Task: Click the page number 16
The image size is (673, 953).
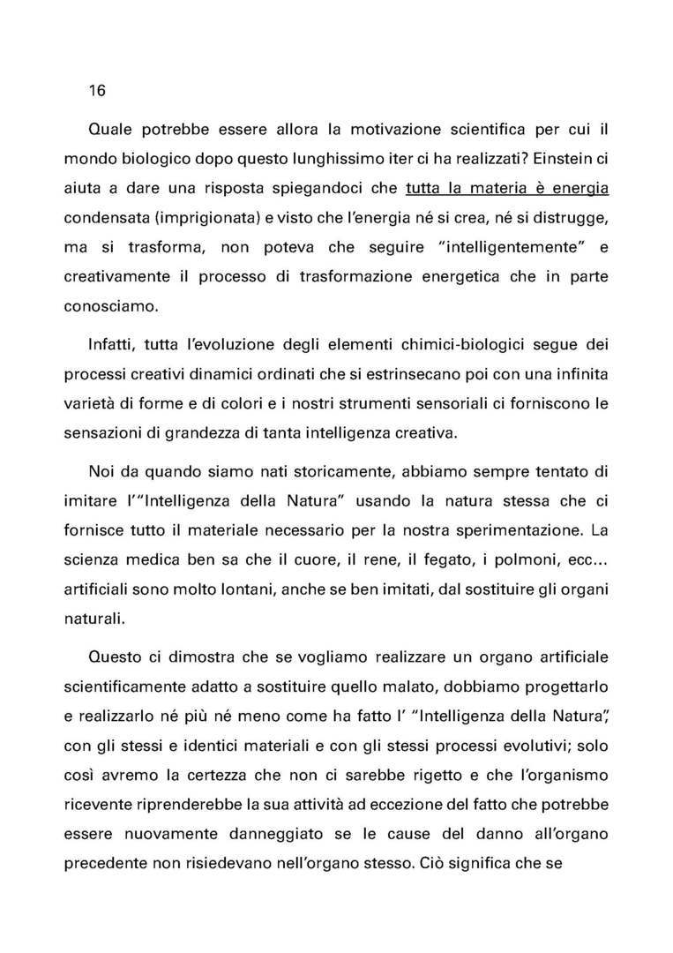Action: point(97,91)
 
